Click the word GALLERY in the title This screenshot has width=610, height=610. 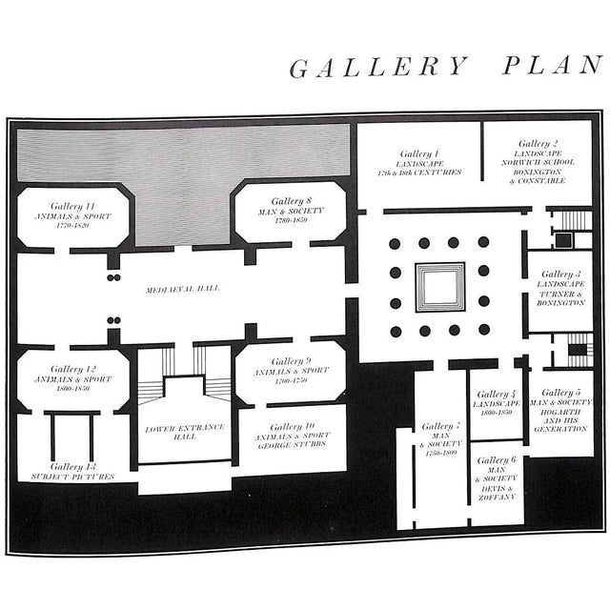(x=379, y=69)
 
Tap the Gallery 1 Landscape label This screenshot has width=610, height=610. (x=419, y=163)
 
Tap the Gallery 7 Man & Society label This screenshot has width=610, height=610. (x=440, y=439)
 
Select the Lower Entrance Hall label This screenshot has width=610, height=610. (x=185, y=434)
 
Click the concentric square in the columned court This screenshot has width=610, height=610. (x=439, y=287)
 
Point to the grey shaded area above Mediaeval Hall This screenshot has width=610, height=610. (x=181, y=181)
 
